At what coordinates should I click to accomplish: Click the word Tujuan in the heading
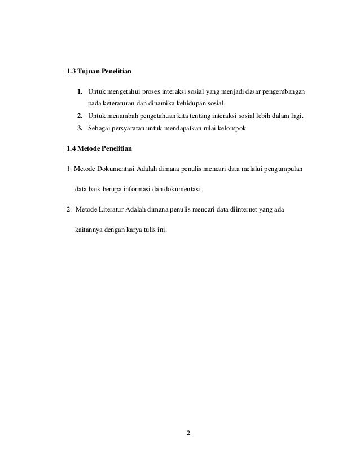[89, 72]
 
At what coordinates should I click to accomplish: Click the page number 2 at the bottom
[189, 434]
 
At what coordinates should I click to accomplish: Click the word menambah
[121, 116]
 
